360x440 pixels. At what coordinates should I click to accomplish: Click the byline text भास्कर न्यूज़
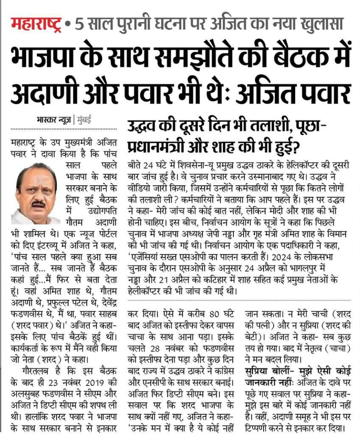(x=53, y=120)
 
